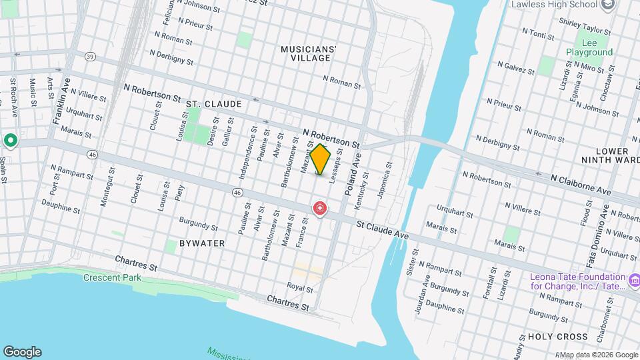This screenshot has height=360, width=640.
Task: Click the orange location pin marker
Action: point(321,159)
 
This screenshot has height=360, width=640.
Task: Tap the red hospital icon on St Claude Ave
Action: point(320,209)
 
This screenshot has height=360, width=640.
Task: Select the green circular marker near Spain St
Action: point(10,141)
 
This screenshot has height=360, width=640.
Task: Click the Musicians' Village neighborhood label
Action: point(305,53)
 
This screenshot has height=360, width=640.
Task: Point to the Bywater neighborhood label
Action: point(202,243)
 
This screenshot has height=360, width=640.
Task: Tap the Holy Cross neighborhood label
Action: point(557,337)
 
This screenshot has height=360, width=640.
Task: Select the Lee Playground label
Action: point(589,47)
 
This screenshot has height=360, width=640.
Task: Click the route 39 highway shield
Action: point(89,57)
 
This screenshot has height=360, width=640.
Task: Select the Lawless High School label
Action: point(553,5)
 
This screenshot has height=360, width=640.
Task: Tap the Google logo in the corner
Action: point(22,351)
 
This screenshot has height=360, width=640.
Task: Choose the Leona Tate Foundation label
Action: point(578,281)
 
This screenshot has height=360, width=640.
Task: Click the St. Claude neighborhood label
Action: point(213,104)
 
